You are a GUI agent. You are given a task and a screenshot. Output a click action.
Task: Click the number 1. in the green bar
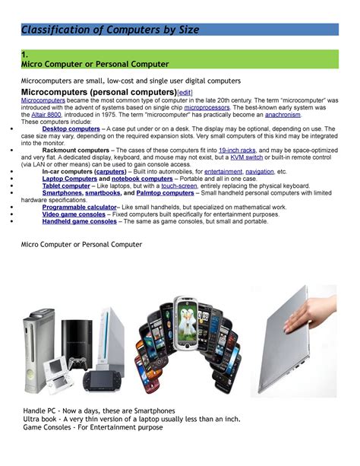(x=25, y=55)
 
